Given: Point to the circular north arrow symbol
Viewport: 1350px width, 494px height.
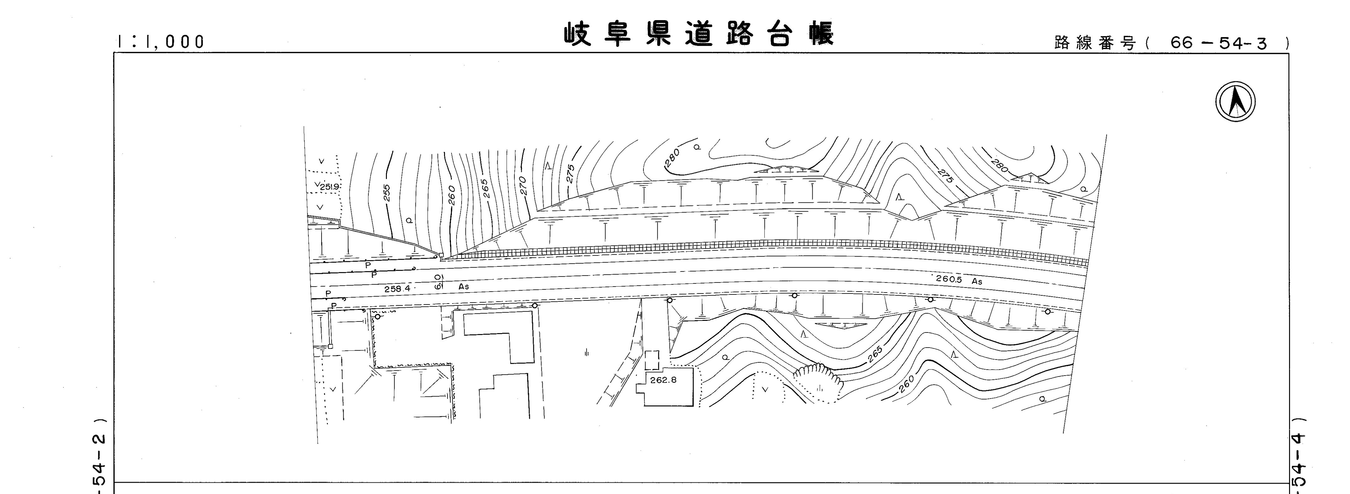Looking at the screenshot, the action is click(x=1235, y=102).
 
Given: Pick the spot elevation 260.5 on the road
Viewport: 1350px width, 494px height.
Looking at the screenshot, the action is click(x=949, y=279).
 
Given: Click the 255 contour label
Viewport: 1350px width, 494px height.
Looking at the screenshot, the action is click(x=387, y=192).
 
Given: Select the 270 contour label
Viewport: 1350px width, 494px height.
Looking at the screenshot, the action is click(x=523, y=186).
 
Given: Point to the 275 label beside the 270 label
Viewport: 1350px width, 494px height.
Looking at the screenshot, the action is click(x=571, y=173).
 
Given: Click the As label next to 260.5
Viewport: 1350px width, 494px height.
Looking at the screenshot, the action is click(x=977, y=282).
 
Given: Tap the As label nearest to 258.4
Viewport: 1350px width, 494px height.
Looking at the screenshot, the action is click(x=463, y=287).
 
